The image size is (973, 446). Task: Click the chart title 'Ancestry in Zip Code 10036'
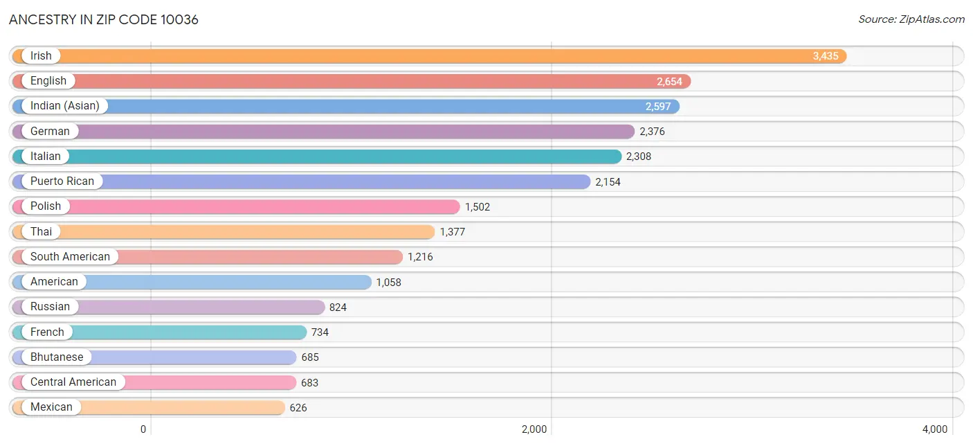click(x=103, y=19)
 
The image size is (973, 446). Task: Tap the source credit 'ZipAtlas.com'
click(x=931, y=19)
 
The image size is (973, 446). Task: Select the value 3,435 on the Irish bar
click(x=826, y=56)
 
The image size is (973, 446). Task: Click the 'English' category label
click(x=48, y=81)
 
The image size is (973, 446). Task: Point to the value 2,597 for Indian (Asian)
click(x=657, y=107)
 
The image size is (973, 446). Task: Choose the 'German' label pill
click(x=50, y=132)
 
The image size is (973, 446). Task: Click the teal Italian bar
click(x=317, y=157)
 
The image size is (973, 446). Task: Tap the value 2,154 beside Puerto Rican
click(x=608, y=182)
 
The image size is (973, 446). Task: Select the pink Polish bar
click(x=236, y=206)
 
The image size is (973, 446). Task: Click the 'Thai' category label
click(x=41, y=232)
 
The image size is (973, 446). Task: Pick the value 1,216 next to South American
click(x=420, y=257)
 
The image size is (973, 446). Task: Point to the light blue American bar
click(x=192, y=282)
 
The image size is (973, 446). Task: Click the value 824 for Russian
click(x=338, y=307)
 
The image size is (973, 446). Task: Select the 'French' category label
click(x=47, y=332)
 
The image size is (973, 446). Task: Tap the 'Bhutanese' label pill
click(x=57, y=357)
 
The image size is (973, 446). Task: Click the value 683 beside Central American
click(x=310, y=382)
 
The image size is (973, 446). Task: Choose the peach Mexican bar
click(x=149, y=408)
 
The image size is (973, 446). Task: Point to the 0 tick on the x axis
click(x=143, y=429)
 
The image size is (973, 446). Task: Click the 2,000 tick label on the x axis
click(x=534, y=429)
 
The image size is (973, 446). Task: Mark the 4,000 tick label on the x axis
click(x=935, y=429)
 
